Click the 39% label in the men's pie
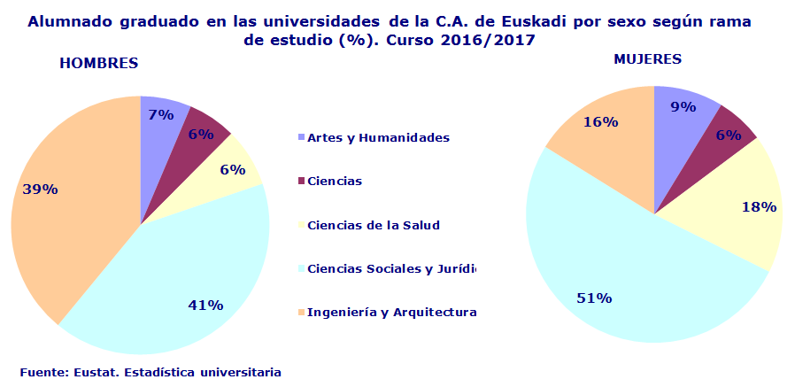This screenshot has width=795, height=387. [x=40, y=189]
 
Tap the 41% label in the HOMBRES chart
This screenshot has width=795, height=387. [x=205, y=305]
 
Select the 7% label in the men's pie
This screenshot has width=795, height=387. [x=160, y=114]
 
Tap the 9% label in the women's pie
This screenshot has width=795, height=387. [x=683, y=106]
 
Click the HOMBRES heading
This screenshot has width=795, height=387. [x=99, y=64]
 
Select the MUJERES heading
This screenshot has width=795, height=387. [x=648, y=59]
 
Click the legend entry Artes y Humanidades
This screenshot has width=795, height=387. [x=378, y=137]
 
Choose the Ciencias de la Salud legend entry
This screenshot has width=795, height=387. [x=373, y=225]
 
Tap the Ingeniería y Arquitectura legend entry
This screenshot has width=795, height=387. [x=391, y=312]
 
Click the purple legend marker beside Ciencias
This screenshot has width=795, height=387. [x=301, y=182]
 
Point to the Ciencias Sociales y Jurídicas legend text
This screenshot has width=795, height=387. [x=390, y=268]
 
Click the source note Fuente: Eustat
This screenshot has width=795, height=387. [x=151, y=372]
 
